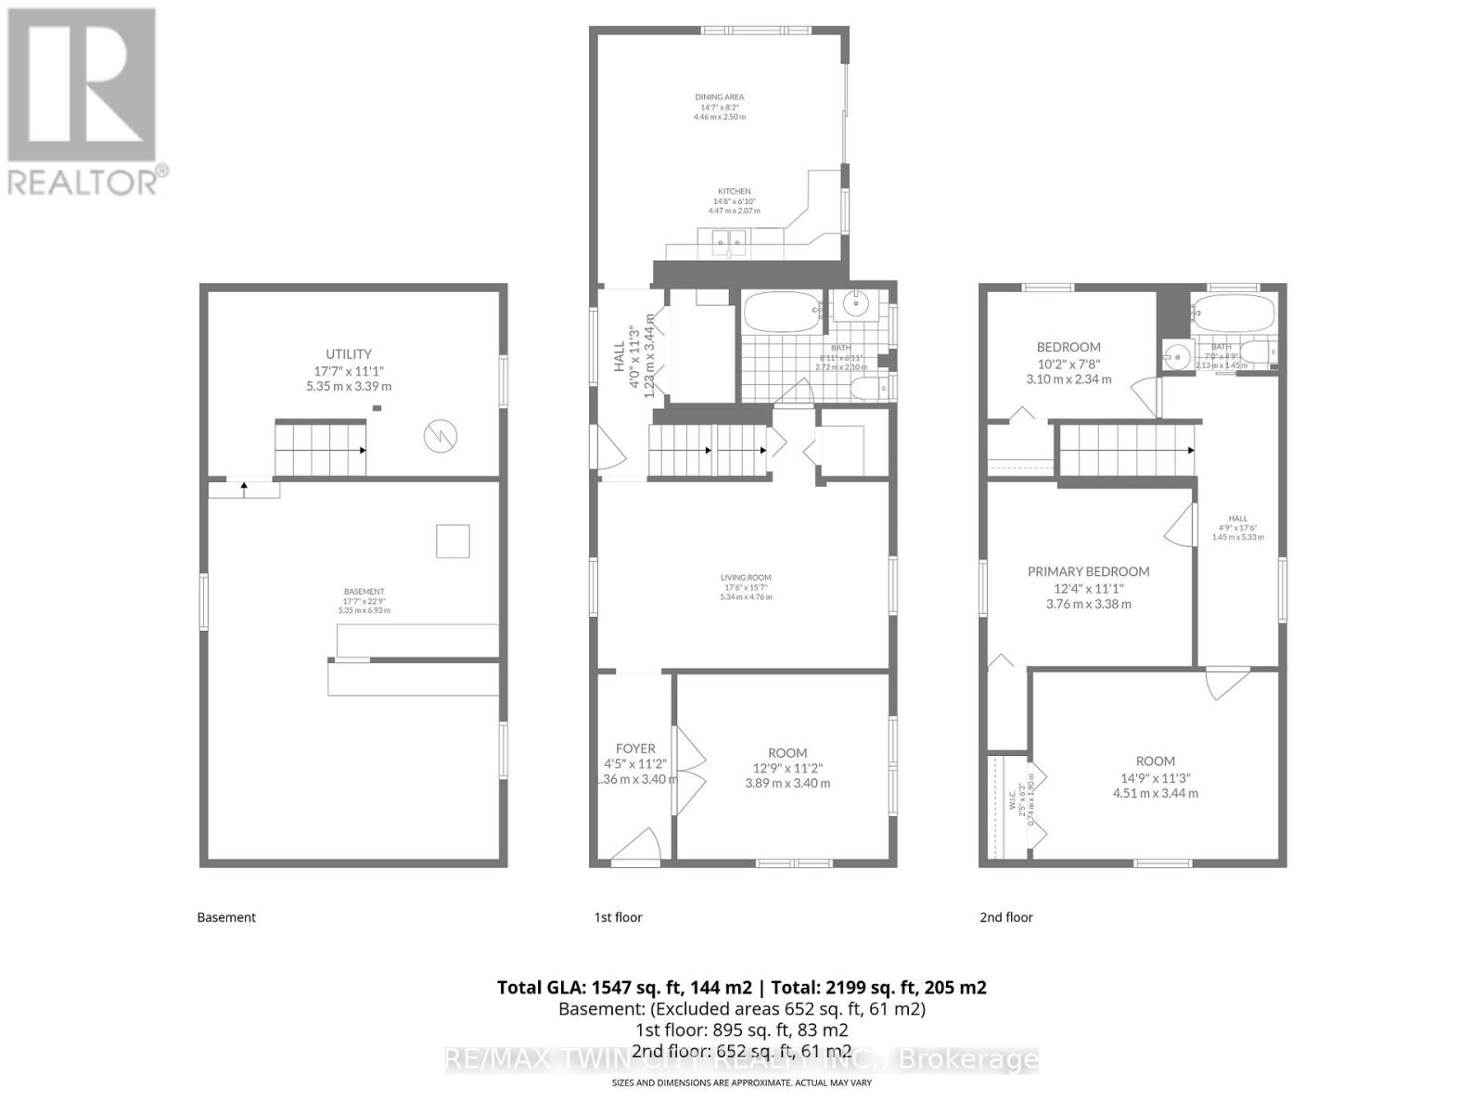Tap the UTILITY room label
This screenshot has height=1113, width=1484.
[x=349, y=353]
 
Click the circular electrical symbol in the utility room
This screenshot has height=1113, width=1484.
[x=440, y=436]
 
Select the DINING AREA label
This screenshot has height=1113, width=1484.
[x=720, y=96]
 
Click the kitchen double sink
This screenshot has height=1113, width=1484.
[x=729, y=243]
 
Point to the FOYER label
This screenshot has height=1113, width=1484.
[x=635, y=748]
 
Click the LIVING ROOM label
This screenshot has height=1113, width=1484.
[x=746, y=577]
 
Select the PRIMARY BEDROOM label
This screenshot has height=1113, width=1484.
[x=1088, y=571]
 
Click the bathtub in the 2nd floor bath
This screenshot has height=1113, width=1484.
[x=1233, y=313]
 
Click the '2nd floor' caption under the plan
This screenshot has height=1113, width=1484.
[x=1006, y=917]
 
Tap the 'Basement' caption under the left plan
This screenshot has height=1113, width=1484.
[x=226, y=917]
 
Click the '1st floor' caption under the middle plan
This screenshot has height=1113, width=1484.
[x=618, y=917]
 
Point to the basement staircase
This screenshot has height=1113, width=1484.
[x=320, y=449]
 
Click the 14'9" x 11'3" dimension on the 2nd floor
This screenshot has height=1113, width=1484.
[x=1155, y=777]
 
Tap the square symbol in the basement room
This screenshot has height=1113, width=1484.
[x=453, y=541]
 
